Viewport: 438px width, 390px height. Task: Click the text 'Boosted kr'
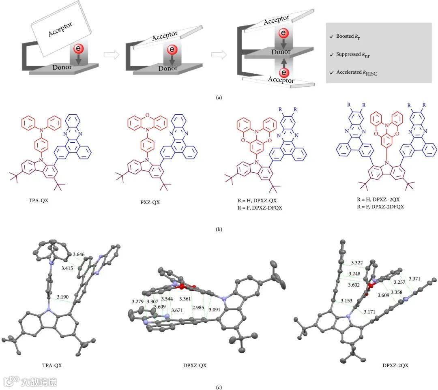tap(348, 36)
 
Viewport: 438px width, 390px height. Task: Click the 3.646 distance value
tap(77, 255)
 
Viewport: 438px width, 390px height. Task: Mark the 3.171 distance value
tap(370, 311)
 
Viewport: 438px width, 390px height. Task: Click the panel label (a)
tap(219, 97)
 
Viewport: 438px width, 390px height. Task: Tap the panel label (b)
tap(219, 229)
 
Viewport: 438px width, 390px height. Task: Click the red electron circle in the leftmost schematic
tap(79, 49)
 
